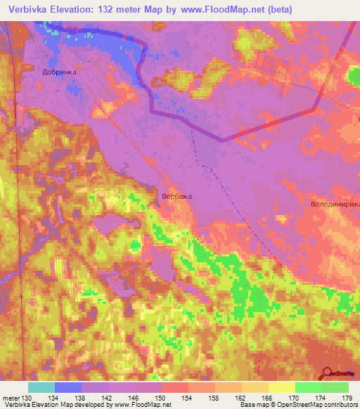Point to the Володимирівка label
pos(335,204)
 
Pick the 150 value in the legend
pos(161,397)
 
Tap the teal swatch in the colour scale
pos(41,387)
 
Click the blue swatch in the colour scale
pos(68,387)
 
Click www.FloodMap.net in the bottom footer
pos(143,405)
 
